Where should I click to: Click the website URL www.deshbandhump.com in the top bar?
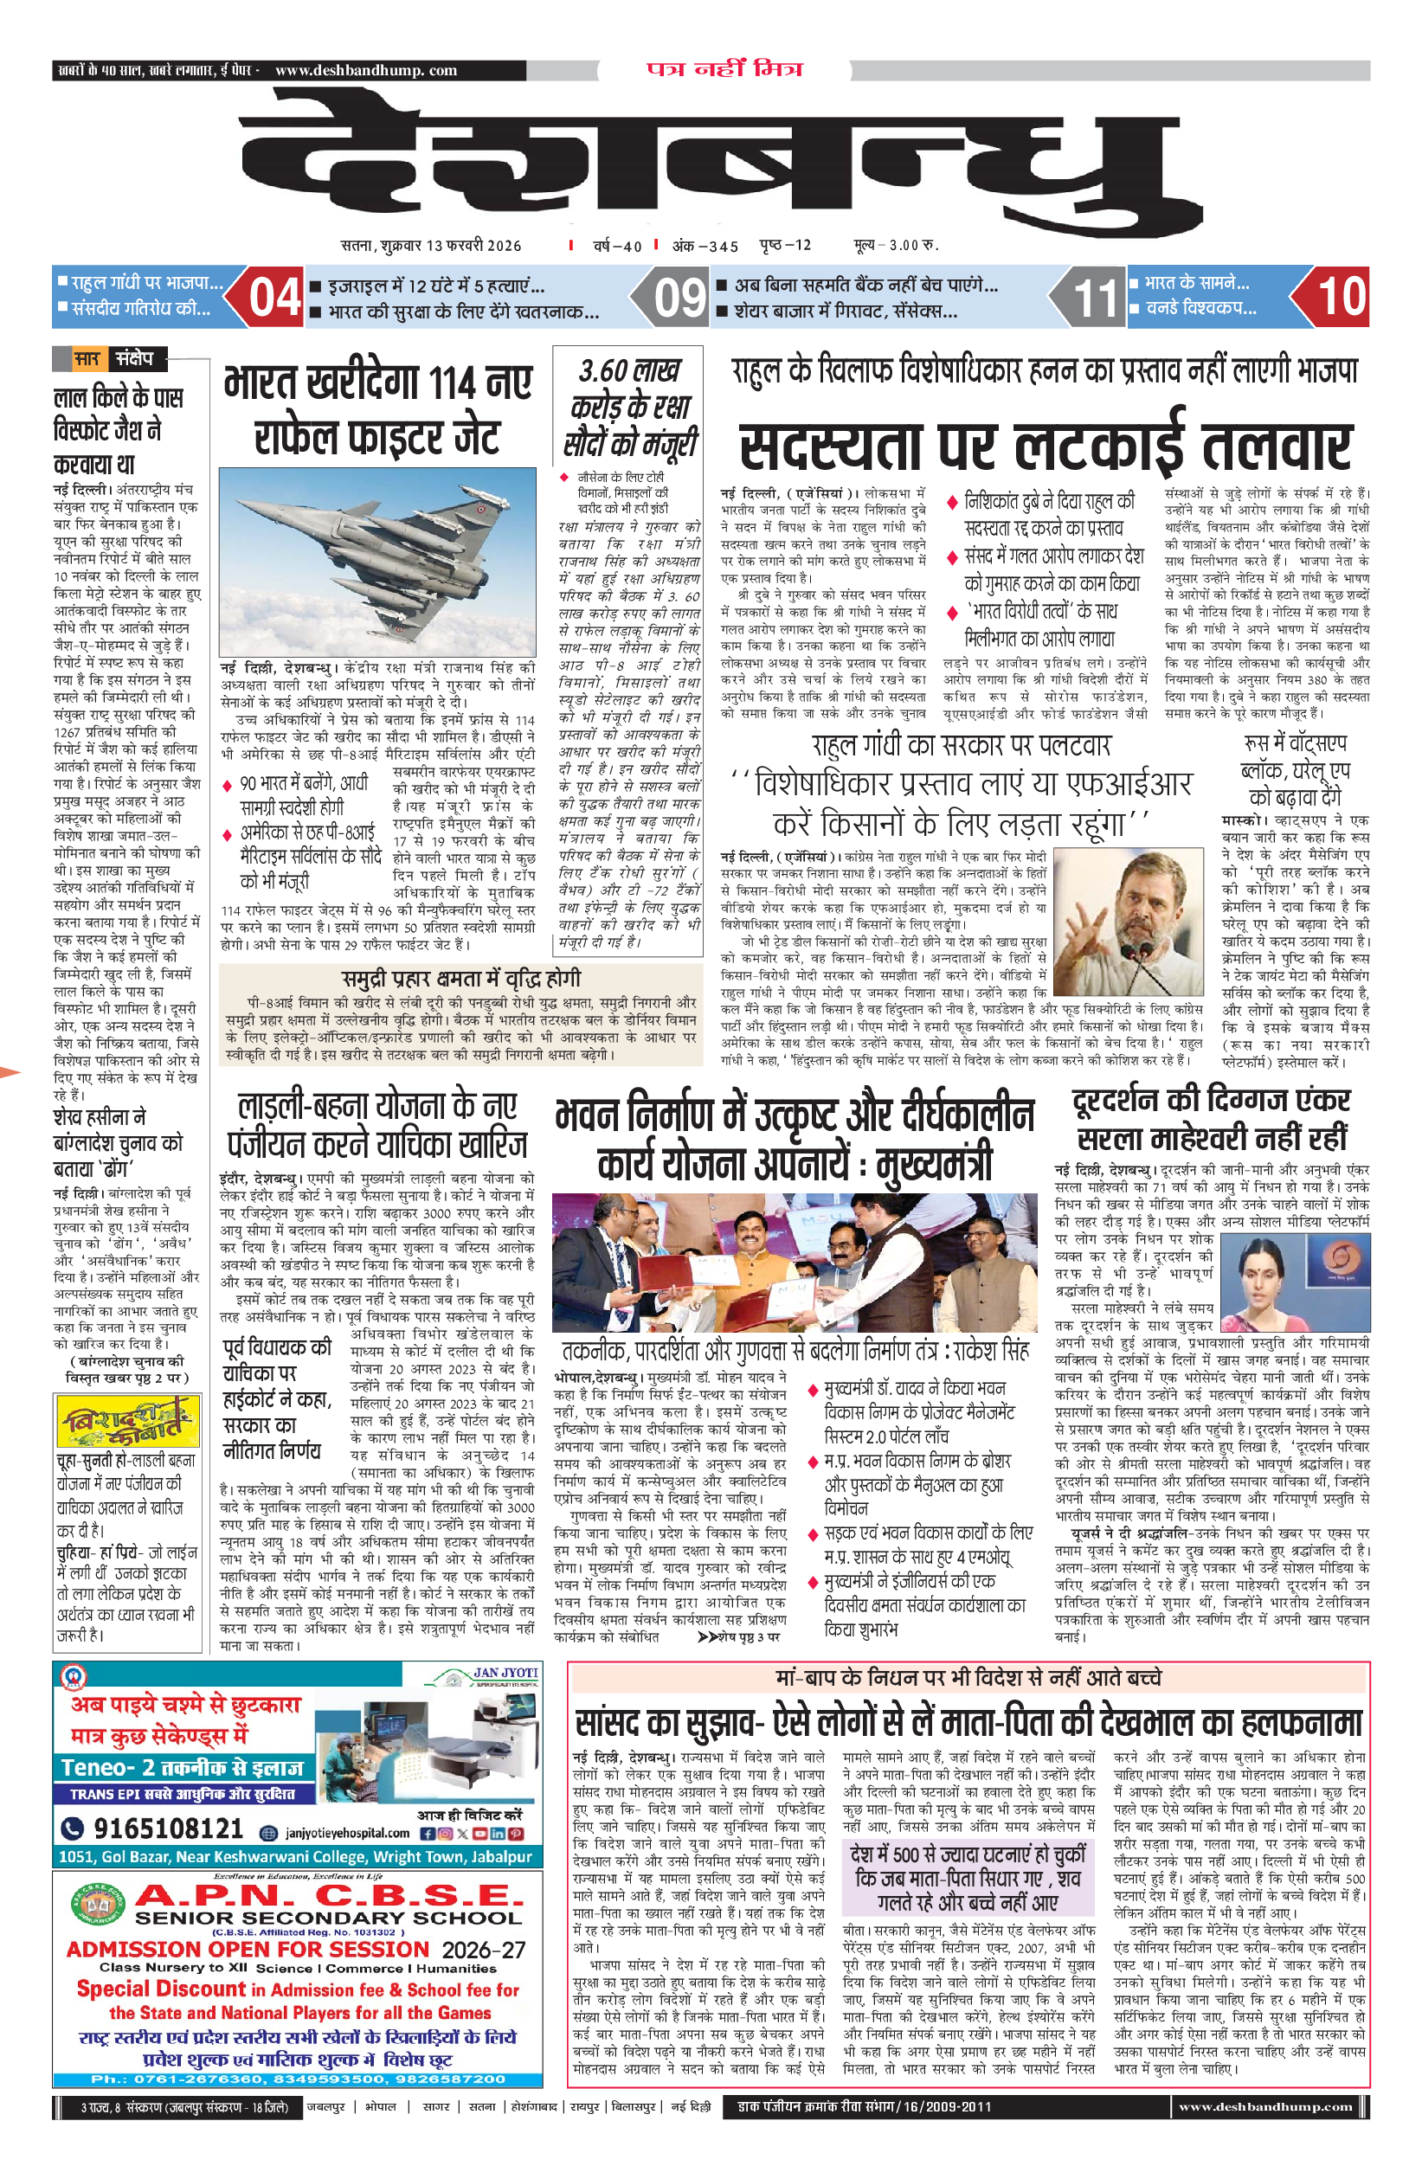pyautogui.click(x=365, y=70)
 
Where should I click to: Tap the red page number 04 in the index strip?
pyautogui.click(x=275, y=298)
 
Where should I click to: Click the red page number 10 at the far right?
pyautogui.click(x=1341, y=297)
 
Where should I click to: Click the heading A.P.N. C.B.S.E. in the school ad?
pyautogui.click(x=329, y=1895)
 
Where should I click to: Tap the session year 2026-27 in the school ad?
pyautogui.click(x=484, y=1950)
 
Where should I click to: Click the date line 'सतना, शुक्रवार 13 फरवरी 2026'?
pyautogui.click(x=431, y=245)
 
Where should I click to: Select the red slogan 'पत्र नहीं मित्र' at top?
pyautogui.click(x=724, y=69)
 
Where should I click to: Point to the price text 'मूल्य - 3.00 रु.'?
pyautogui.click(x=896, y=245)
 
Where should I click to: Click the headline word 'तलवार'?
pyautogui.click(x=1276, y=447)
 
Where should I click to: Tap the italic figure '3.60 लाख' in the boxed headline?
pyautogui.click(x=629, y=370)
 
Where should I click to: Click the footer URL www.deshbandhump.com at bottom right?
pyautogui.click(x=1264, y=2106)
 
